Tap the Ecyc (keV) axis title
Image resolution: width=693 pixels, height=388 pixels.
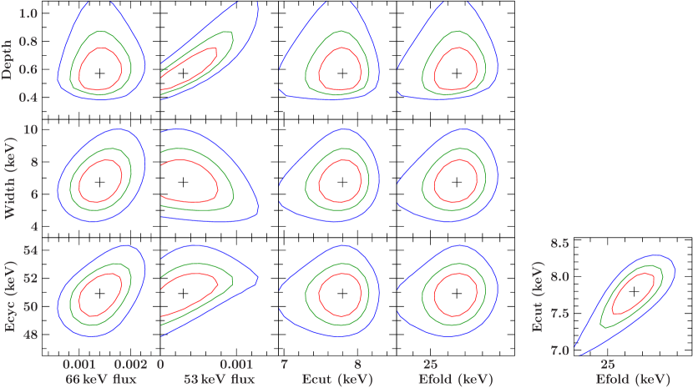pyautogui.click(x=9, y=297)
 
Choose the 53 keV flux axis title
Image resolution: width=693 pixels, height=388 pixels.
pyautogui.click(x=218, y=380)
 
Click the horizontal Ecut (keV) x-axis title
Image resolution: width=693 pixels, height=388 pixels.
pyautogui.click(x=337, y=380)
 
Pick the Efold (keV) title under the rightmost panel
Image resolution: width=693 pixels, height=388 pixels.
pyautogui.click(x=633, y=380)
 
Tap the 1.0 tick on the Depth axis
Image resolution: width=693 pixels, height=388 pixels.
pyautogui.click(x=28, y=14)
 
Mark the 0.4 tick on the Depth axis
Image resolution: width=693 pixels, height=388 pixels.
pyautogui.click(x=28, y=98)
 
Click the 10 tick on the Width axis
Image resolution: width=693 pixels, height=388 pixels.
pyautogui.click(x=30, y=130)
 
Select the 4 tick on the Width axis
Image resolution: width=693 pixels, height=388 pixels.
pyautogui.click(x=33, y=226)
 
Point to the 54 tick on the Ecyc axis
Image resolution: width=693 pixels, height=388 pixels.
pyautogui.click(x=30, y=250)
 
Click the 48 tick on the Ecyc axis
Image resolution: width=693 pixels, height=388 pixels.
pyautogui.click(x=30, y=335)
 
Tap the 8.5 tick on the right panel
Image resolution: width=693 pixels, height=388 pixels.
pyautogui.click(x=559, y=244)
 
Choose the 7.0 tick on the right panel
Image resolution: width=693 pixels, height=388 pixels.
pyautogui.click(x=559, y=350)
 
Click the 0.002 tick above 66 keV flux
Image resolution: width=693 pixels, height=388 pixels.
pyautogui.click(x=130, y=365)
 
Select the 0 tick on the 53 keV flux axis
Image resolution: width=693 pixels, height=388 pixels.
pyautogui.click(x=160, y=365)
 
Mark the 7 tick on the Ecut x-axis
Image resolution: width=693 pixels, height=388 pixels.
pyautogui.click(x=285, y=365)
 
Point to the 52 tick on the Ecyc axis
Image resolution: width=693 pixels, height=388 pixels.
pyautogui.click(x=30, y=278)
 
